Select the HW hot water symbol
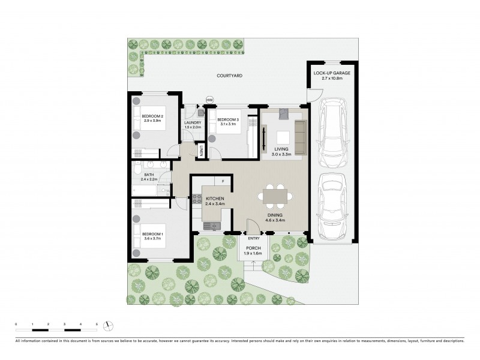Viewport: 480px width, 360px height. pos(209,100)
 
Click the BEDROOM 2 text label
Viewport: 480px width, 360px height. pos(153,118)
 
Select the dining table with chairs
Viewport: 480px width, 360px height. pos(275,196)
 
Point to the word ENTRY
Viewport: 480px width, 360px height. pos(254,238)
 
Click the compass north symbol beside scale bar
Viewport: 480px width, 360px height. pos(108,325)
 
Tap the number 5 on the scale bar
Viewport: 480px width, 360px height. pos(97,324)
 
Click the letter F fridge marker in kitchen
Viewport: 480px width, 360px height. pos(223,181)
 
